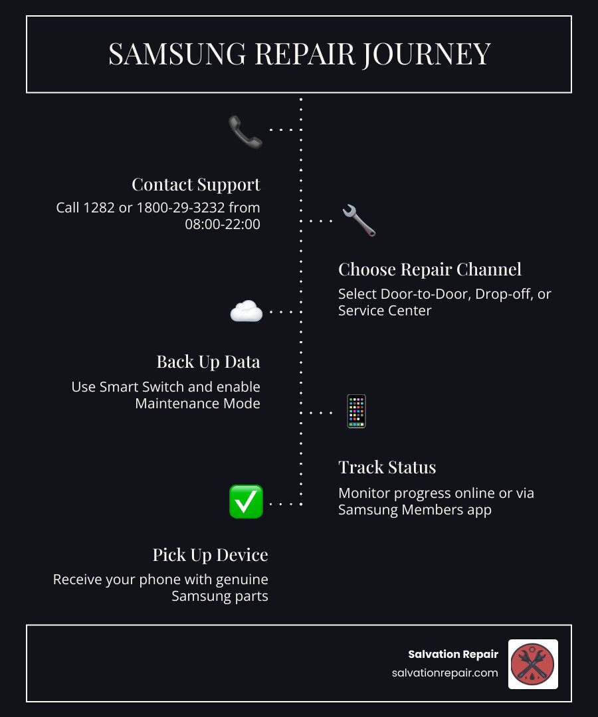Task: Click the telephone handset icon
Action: [245, 131]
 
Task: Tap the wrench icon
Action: [359, 221]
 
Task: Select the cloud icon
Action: [246, 311]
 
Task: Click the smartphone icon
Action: [357, 412]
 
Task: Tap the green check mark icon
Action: [246, 501]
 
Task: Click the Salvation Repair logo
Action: [533, 664]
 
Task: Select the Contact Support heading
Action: [196, 184]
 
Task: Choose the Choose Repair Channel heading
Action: [430, 269]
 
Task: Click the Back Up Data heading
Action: [208, 361]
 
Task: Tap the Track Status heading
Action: [387, 467]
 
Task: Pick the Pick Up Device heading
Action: [210, 554]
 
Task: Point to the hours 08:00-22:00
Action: [223, 224]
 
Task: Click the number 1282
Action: [100, 208]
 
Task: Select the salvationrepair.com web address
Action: [445, 673]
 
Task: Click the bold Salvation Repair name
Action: [453, 655]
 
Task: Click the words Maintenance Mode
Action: [197, 403]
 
